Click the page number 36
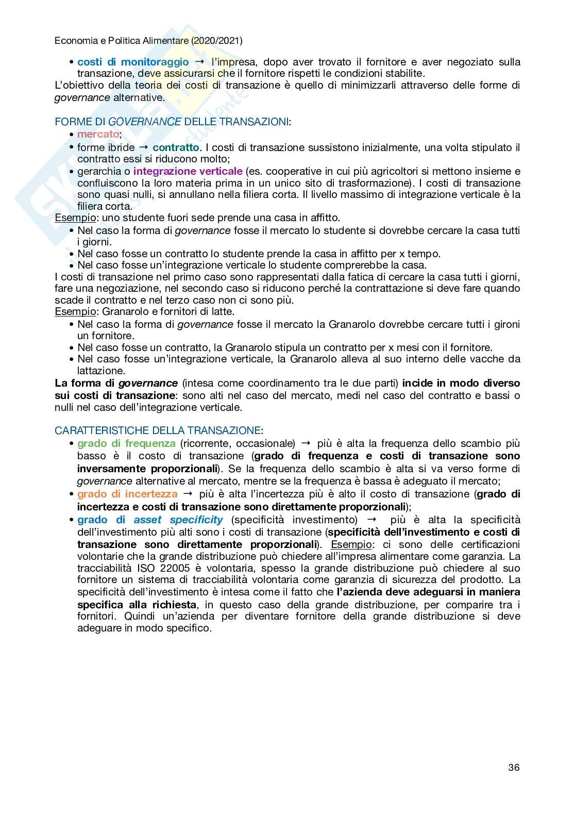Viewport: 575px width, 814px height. click(x=513, y=767)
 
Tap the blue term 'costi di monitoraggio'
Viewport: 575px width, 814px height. click(x=133, y=62)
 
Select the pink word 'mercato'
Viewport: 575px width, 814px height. click(x=98, y=135)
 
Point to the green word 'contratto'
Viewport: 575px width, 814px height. click(x=176, y=147)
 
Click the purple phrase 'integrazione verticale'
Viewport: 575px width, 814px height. click(x=188, y=171)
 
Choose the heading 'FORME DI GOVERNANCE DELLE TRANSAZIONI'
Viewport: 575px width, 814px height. click(x=172, y=122)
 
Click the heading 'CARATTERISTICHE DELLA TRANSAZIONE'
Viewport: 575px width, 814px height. click(x=158, y=430)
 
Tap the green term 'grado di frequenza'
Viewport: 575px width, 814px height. click(x=126, y=443)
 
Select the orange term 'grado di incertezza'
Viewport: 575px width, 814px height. click(x=127, y=494)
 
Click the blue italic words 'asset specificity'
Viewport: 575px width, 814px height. click(x=178, y=519)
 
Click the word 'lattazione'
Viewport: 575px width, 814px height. click(x=100, y=371)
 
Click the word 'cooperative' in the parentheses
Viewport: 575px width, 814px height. click(x=292, y=171)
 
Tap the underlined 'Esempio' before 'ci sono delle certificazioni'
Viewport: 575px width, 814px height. click(x=351, y=544)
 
